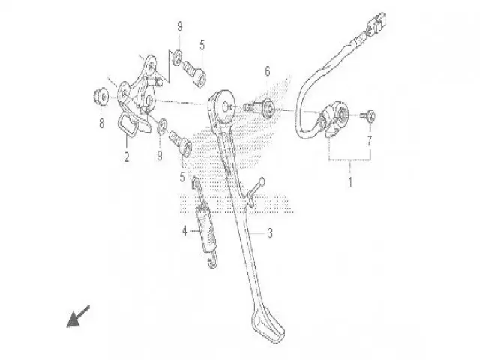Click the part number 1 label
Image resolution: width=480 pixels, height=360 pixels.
pyautogui.click(x=349, y=182)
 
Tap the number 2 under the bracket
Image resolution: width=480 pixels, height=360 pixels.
pyautogui.click(x=126, y=158)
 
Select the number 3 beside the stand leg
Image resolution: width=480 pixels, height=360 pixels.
pyautogui.click(x=269, y=233)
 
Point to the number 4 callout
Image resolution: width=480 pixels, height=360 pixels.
pyautogui.click(x=183, y=232)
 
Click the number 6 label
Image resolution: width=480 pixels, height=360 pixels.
pyautogui.click(x=266, y=71)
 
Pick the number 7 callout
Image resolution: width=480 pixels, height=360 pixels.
pyautogui.click(x=368, y=140)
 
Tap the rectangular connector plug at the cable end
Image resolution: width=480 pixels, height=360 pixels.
pyautogui.click(x=376, y=26)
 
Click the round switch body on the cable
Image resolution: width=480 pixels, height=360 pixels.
pyautogui.click(x=336, y=117)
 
